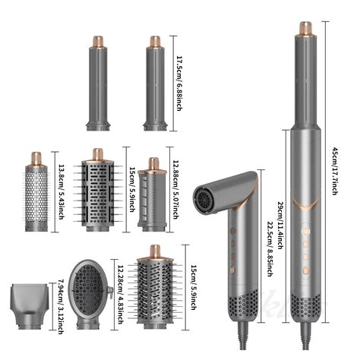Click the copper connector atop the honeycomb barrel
(x=35, y=159)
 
